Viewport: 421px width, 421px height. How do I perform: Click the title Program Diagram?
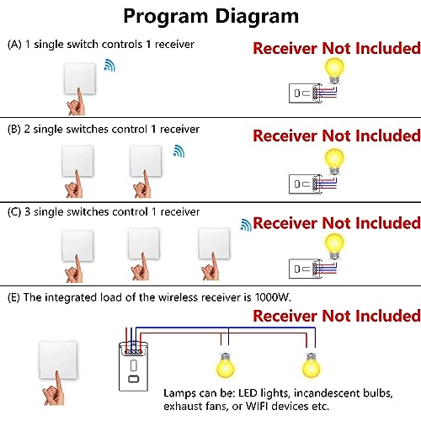pos(210,16)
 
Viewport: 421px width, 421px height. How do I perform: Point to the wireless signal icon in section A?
pos(110,65)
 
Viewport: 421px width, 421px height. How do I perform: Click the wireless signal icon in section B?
pos(178,151)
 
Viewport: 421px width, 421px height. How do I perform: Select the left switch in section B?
pos(80,160)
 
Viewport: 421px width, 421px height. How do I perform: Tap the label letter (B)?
pos(13,129)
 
